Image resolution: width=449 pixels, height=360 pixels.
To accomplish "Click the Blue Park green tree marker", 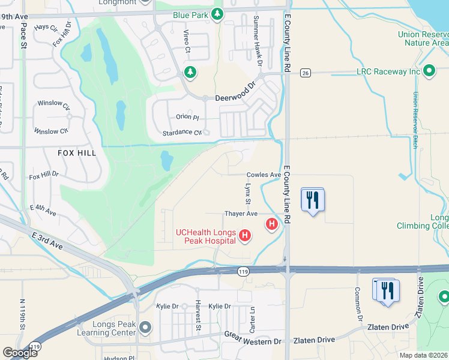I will (x=218, y=14).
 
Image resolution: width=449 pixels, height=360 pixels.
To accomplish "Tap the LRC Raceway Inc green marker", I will (x=429, y=71).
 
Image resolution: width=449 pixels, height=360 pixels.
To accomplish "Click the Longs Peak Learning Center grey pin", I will (x=145, y=328).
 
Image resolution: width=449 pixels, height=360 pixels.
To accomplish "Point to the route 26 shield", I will (x=305, y=73).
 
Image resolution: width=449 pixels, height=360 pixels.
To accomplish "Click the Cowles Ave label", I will (x=264, y=175).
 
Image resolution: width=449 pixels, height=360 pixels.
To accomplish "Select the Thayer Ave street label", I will (x=241, y=214).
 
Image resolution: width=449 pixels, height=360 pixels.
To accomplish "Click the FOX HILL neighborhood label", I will (x=77, y=153).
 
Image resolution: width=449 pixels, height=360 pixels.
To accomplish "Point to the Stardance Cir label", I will (x=182, y=133).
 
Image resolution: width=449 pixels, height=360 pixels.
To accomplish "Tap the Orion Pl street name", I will (x=187, y=117).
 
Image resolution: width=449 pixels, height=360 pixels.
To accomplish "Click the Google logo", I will (x=20, y=353).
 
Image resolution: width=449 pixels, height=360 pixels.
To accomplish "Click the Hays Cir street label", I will (x=46, y=28).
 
